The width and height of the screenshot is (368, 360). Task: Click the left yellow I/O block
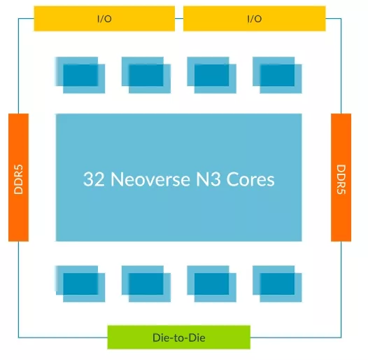[104, 19]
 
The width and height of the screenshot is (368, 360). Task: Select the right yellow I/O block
[255, 19]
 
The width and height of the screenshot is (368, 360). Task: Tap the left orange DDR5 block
[19, 177]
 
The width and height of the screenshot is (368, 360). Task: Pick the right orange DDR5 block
[341, 177]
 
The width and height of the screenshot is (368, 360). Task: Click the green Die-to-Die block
[179, 337]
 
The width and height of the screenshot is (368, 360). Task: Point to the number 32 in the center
[94, 179]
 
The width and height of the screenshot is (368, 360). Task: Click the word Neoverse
[150, 179]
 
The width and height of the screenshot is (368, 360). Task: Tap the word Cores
[250, 179]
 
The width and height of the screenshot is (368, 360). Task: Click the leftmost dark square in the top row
[80, 75]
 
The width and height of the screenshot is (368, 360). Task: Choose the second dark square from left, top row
[146, 75]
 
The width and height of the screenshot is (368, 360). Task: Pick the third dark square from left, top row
[211, 75]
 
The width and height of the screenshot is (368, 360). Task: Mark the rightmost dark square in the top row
[277, 75]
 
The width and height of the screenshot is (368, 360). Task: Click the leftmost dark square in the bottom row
[80, 284]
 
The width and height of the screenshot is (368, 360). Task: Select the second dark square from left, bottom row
[146, 284]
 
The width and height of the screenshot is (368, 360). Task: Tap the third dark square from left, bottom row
[211, 284]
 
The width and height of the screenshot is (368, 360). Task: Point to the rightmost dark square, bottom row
[277, 284]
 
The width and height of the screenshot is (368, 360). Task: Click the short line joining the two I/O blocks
[179, 18]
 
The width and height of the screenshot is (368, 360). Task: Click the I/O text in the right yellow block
[255, 19]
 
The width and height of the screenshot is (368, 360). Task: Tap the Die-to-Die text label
[179, 338]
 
